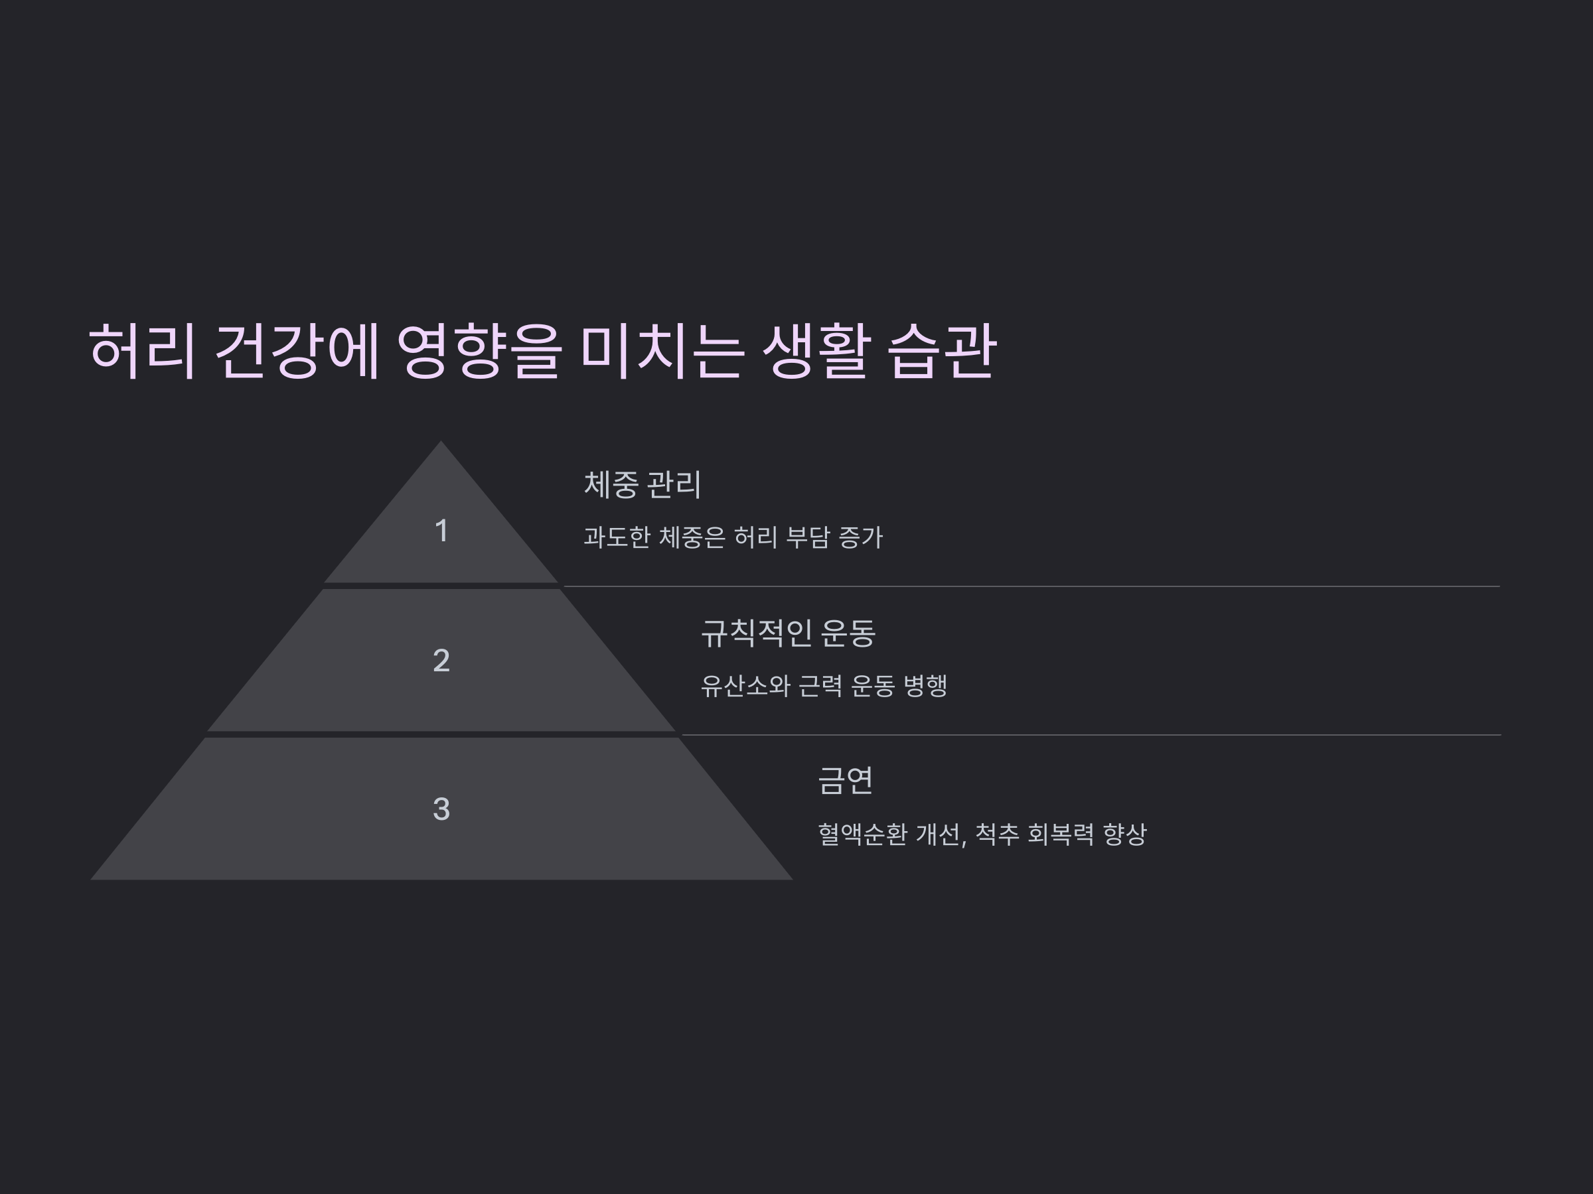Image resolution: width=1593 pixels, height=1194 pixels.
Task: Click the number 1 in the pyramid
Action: coord(441,531)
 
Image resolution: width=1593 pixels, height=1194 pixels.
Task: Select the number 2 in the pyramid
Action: coord(441,661)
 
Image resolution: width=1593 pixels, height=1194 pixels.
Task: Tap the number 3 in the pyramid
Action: coord(441,809)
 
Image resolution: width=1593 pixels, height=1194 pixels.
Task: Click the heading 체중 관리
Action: coord(643,484)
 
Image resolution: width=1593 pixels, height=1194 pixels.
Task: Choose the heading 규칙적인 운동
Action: coord(788,633)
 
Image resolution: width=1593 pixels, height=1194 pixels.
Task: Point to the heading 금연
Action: coord(846,781)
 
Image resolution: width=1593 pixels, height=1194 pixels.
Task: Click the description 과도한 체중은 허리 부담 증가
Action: coord(732,537)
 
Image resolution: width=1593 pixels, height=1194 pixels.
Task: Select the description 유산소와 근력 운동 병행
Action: coord(824,686)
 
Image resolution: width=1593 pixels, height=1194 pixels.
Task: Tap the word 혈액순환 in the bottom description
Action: coord(862,835)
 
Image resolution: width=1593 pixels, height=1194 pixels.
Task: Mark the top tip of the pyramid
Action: coord(441,443)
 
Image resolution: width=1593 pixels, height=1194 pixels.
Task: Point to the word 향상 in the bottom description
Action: coord(1124,835)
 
